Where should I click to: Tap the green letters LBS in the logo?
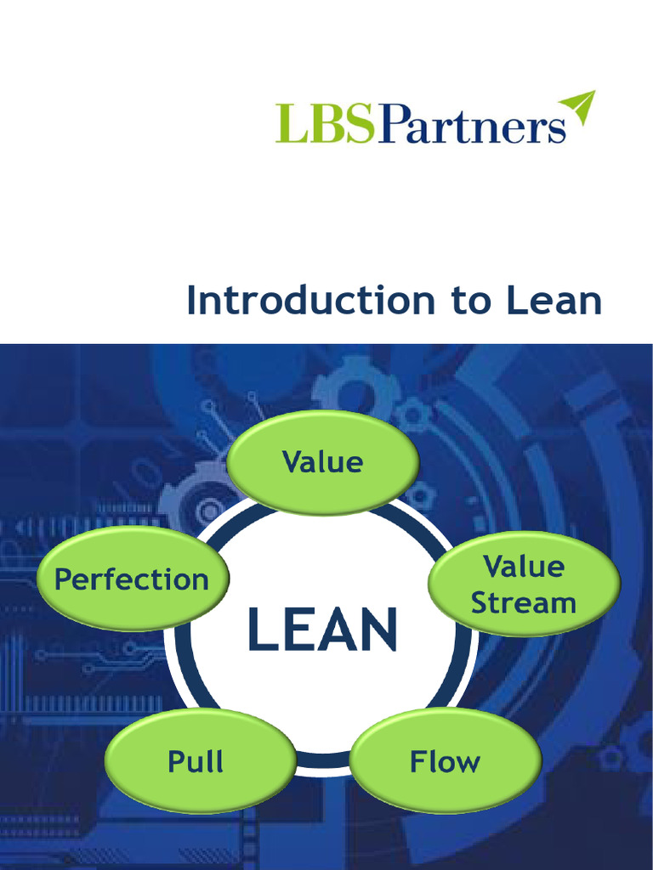324,124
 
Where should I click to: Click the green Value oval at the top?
322,462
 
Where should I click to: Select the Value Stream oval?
524,584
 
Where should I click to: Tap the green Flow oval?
446,760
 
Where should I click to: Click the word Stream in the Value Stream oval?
524,603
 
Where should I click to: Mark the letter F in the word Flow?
418,760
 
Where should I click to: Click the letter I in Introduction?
191,301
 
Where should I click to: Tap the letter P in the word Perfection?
62,579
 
